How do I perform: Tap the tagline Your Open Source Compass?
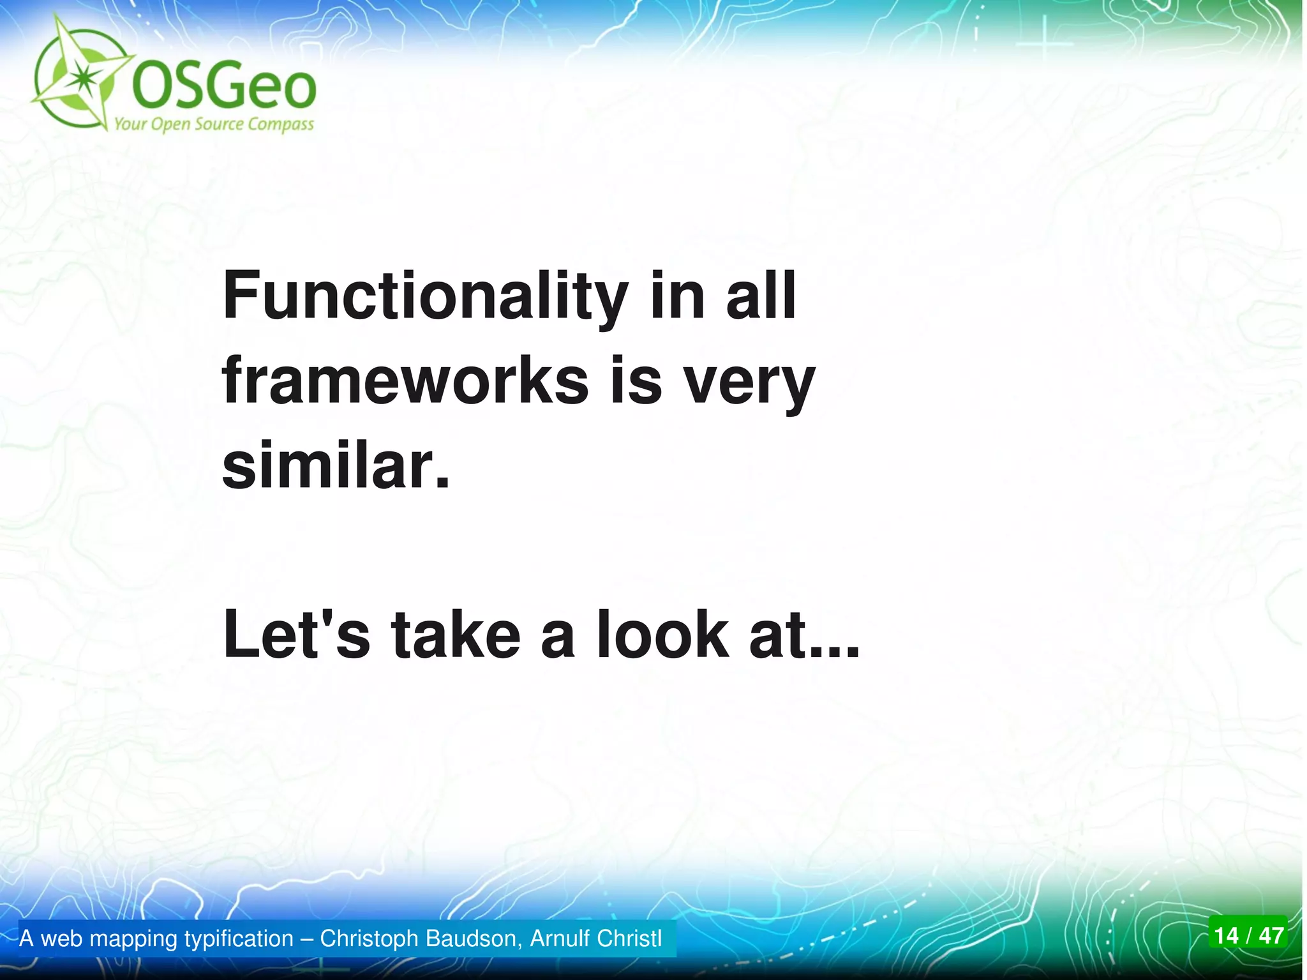pyautogui.click(x=214, y=124)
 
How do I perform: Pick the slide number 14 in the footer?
pyautogui.click(x=1226, y=935)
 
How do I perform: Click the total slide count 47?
pyautogui.click(x=1271, y=935)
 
